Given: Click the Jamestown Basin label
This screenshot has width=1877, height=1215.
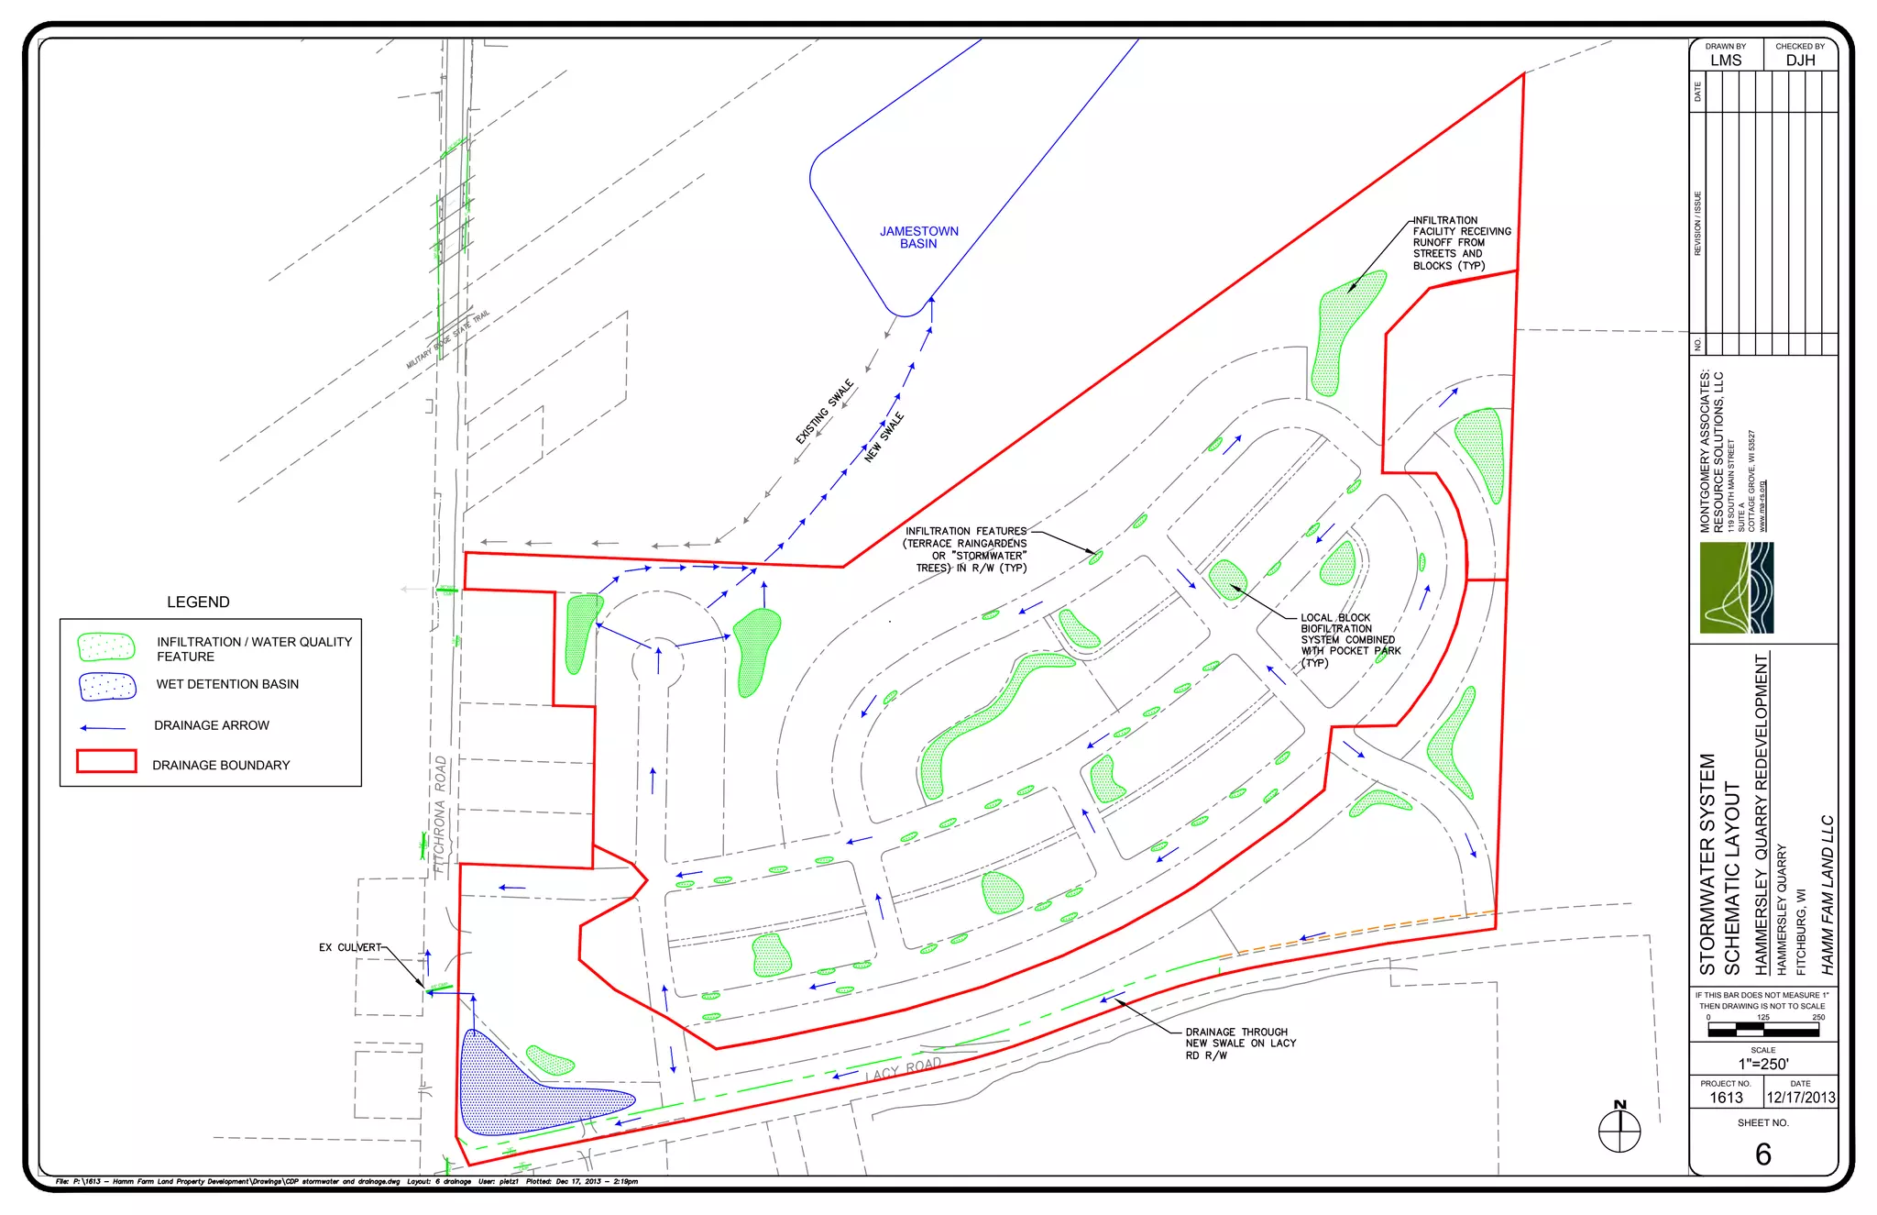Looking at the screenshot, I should [x=918, y=237].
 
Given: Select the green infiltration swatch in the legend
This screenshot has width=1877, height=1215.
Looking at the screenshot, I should [x=106, y=647].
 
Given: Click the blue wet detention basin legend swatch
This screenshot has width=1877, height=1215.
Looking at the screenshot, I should [x=107, y=686].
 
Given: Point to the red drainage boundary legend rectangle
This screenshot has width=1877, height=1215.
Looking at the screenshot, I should [x=106, y=762].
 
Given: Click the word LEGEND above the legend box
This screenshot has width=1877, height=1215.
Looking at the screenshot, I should [x=198, y=602].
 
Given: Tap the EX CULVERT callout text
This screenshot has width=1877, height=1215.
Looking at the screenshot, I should [x=349, y=947].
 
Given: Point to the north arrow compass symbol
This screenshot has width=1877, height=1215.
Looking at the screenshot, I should [x=1619, y=1130].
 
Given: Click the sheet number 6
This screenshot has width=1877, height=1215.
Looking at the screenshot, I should [x=1762, y=1154].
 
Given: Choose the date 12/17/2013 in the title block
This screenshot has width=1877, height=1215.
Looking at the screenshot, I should [x=1800, y=1098].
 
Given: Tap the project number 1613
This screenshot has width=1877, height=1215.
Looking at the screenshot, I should [x=1726, y=1098].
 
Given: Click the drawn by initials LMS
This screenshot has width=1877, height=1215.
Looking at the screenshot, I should [x=1726, y=61].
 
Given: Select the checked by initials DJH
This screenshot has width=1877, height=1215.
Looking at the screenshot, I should [x=1800, y=61].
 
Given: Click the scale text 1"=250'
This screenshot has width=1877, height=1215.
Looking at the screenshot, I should [x=1762, y=1065].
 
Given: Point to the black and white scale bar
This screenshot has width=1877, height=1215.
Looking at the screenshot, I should [x=1762, y=1031].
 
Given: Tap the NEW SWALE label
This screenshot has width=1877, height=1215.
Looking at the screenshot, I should [x=884, y=437].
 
